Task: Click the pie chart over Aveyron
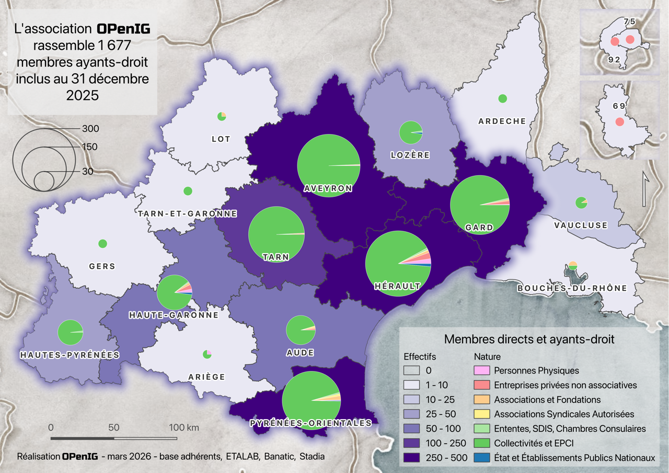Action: tap(329, 165)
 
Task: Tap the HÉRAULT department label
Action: tap(397, 286)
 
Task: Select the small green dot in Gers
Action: tap(102, 243)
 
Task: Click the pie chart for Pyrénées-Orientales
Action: tap(312, 400)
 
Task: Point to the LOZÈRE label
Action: tap(410, 155)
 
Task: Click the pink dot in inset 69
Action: tap(619, 121)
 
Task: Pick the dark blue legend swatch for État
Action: tap(481, 458)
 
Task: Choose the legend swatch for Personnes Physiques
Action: tap(481, 370)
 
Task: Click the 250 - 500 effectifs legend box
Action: tap(411, 458)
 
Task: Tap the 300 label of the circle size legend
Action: tap(90, 129)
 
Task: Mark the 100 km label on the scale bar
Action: tap(184, 427)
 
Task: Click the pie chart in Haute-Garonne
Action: tap(175, 292)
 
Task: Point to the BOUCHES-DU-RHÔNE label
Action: tap(572, 288)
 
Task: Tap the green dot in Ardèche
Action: tap(503, 98)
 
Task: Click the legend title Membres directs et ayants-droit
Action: tap(528, 339)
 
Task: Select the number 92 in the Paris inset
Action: tap(614, 60)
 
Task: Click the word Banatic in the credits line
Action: tap(279, 456)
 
